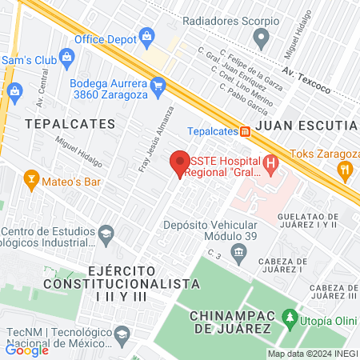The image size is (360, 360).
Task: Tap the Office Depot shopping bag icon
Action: pos(147,35)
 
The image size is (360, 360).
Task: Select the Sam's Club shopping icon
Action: pos(66,56)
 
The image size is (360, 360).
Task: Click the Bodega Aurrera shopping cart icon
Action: pos(158,83)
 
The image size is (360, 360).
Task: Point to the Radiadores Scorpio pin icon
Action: pos(261,36)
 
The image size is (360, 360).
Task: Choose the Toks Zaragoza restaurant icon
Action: pos(345,169)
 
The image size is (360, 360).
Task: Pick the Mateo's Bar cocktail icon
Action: pos(31,177)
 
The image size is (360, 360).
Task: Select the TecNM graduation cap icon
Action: pos(122,333)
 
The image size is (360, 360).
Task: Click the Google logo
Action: pos(27,350)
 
